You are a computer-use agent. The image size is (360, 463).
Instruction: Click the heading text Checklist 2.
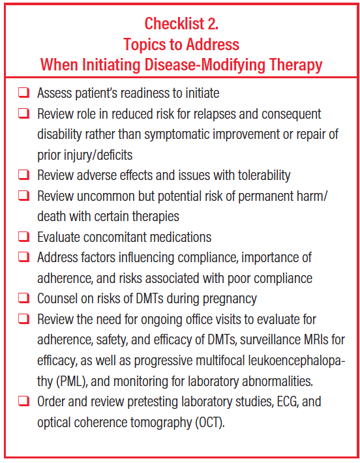point(181,24)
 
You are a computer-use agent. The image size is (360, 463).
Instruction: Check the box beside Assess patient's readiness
point(23,94)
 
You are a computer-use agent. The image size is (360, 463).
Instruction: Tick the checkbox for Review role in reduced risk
point(23,114)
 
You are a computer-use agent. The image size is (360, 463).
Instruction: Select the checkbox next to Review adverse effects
point(23,175)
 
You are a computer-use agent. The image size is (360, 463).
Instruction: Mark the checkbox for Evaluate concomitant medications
point(23,237)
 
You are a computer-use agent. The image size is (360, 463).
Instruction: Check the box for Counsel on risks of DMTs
point(23,299)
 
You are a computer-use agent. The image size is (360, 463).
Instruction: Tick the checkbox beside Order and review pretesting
point(23,401)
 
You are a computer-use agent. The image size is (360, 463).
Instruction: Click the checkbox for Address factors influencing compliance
point(23,258)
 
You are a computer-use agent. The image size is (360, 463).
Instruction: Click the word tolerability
point(258,175)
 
